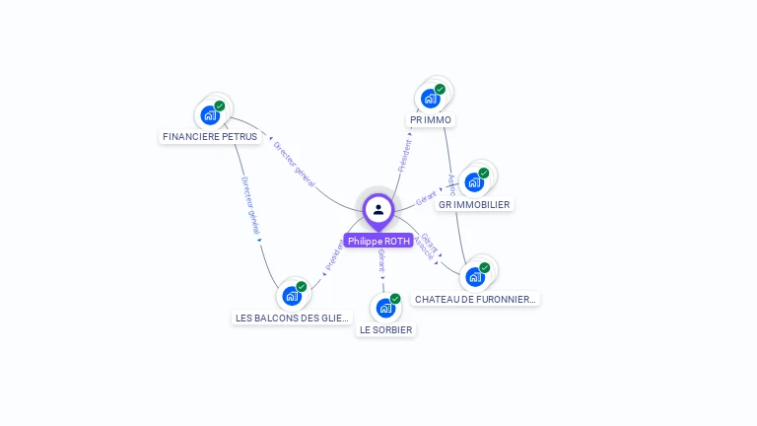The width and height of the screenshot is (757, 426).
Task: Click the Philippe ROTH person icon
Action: (378, 209)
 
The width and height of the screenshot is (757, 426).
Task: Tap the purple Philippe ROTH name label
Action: (378, 241)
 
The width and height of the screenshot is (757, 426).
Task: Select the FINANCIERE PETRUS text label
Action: (210, 137)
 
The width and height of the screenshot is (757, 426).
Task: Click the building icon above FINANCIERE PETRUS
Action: (209, 114)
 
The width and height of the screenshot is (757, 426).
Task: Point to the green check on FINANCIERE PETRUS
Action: (220, 106)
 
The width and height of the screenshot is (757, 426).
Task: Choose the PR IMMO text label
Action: (431, 120)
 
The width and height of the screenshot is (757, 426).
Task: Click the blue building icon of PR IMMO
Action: (430, 98)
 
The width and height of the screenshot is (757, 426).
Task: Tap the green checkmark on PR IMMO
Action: (440, 89)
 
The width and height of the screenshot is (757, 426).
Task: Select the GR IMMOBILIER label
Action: (474, 204)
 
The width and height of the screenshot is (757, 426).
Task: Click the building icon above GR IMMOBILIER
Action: (474, 182)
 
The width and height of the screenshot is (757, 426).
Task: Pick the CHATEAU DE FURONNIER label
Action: (476, 299)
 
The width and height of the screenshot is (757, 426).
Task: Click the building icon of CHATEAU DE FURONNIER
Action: (475, 276)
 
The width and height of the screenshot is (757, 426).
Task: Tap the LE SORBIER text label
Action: (385, 329)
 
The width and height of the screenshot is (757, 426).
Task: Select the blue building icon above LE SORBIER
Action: (385, 308)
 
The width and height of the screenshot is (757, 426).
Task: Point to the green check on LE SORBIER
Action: (395, 298)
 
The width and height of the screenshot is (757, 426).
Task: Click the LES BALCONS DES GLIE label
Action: (292, 318)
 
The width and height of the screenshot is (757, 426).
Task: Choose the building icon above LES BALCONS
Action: (291, 295)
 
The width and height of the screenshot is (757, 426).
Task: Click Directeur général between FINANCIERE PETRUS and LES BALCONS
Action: (250, 204)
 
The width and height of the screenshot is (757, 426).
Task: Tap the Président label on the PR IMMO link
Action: (404, 155)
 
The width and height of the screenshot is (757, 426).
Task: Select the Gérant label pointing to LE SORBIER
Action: (381, 259)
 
